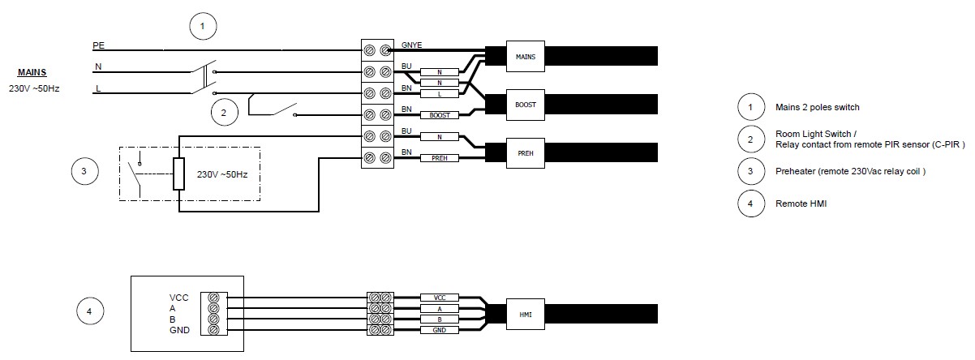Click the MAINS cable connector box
523,56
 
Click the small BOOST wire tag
440,116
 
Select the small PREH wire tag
440,157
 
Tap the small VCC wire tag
440,298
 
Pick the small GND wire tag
440,330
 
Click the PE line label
99,45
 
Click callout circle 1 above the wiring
203,28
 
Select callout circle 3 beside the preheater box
84,171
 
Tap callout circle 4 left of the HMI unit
90,311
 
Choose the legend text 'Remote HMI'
801,204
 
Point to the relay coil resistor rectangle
179,173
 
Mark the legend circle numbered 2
750,139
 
